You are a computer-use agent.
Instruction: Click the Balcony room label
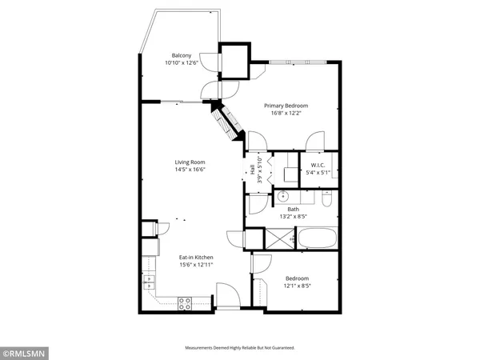pyautogui.click(x=181, y=55)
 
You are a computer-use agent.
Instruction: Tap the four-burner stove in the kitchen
pyautogui.click(x=184, y=302)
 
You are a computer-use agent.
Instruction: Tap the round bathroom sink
pyautogui.click(x=282, y=194)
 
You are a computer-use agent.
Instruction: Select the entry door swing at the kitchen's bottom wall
pyautogui.click(x=227, y=298)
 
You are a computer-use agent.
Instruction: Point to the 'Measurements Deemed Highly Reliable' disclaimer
pyautogui.click(x=240, y=348)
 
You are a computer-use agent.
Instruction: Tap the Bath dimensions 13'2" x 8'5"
pyautogui.click(x=294, y=216)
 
